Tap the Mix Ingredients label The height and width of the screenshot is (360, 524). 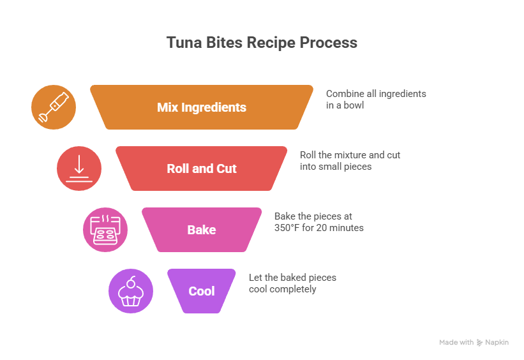point(202,107)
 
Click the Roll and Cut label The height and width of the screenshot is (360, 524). point(202,169)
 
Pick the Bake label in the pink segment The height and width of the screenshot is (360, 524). point(202,230)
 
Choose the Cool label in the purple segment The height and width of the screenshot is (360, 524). point(202,291)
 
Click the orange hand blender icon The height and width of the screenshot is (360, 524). point(54,107)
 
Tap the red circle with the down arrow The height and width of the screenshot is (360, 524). point(79,169)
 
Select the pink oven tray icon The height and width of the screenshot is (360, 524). point(105,230)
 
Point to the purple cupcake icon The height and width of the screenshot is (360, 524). point(131,292)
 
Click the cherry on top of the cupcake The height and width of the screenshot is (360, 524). point(132,280)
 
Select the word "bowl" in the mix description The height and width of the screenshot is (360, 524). point(354,105)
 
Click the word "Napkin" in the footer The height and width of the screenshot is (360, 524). point(497,343)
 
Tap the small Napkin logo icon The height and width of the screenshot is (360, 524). point(480,343)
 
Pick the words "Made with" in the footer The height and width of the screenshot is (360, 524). point(456,343)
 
